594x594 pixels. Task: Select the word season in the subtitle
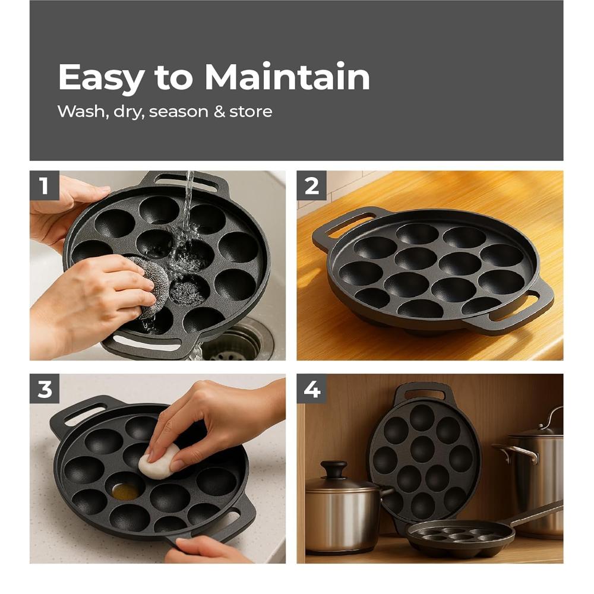pyautogui.click(x=179, y=112)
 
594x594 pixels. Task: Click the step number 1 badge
pyautogui.click(x=45, y=186)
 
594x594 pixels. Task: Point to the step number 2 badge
pyautogui.click(x=312, y=186)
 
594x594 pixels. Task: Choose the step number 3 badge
pyautogui.click(x=45, y=389)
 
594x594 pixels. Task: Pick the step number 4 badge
pyautogui.click(x=312, y=389)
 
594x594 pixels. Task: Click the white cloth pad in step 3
pyautogui.click(x=159, y=462)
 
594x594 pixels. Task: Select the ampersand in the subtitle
pyautogui.click(x=219, y=112)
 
